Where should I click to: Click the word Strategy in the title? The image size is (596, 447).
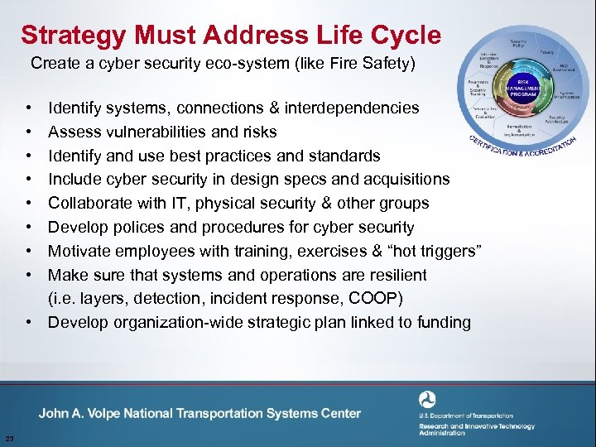pos(73,36)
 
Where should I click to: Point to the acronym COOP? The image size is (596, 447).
pos(357,298)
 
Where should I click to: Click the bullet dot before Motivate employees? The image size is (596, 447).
pos(29,251)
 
